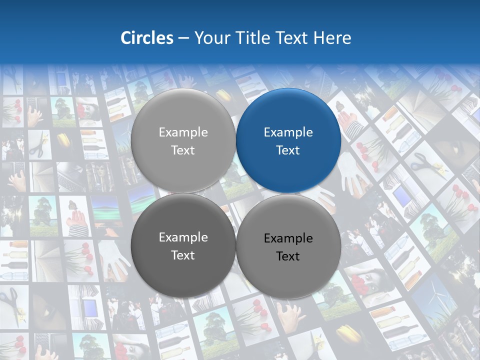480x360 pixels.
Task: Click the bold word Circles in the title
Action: pyautogui.click(x=147, y=38)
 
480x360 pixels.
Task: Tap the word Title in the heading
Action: pyautogui.click(x=255, y=38)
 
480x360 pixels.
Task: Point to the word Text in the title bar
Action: pyautogui.click(x=292, y=38)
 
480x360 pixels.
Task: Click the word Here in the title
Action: pyautogui.click(x=332, y=38)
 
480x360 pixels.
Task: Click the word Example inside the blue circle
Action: pyautogui.click(x=288, y=132)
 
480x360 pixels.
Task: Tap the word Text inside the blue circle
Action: pyautogui.click(x=288, y=150)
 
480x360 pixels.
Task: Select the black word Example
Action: pyautogui.click(x=288, y=238)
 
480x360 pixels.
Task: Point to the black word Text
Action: pyautogui.click(x=288, y=256)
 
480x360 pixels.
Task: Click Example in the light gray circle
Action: pyautogui.click(x=183, y=132)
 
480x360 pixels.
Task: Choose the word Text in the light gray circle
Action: pyautogui.click(x=183, y=150)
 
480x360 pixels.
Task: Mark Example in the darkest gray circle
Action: pyautogui.click(x=183, y=237)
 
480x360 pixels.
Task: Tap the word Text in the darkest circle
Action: pyautogui.click(x=183, y=255)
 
